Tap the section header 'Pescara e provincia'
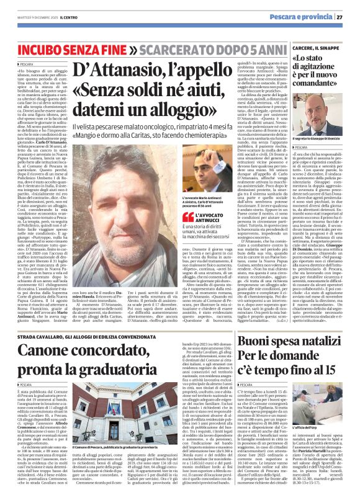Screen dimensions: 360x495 (306, 17)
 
